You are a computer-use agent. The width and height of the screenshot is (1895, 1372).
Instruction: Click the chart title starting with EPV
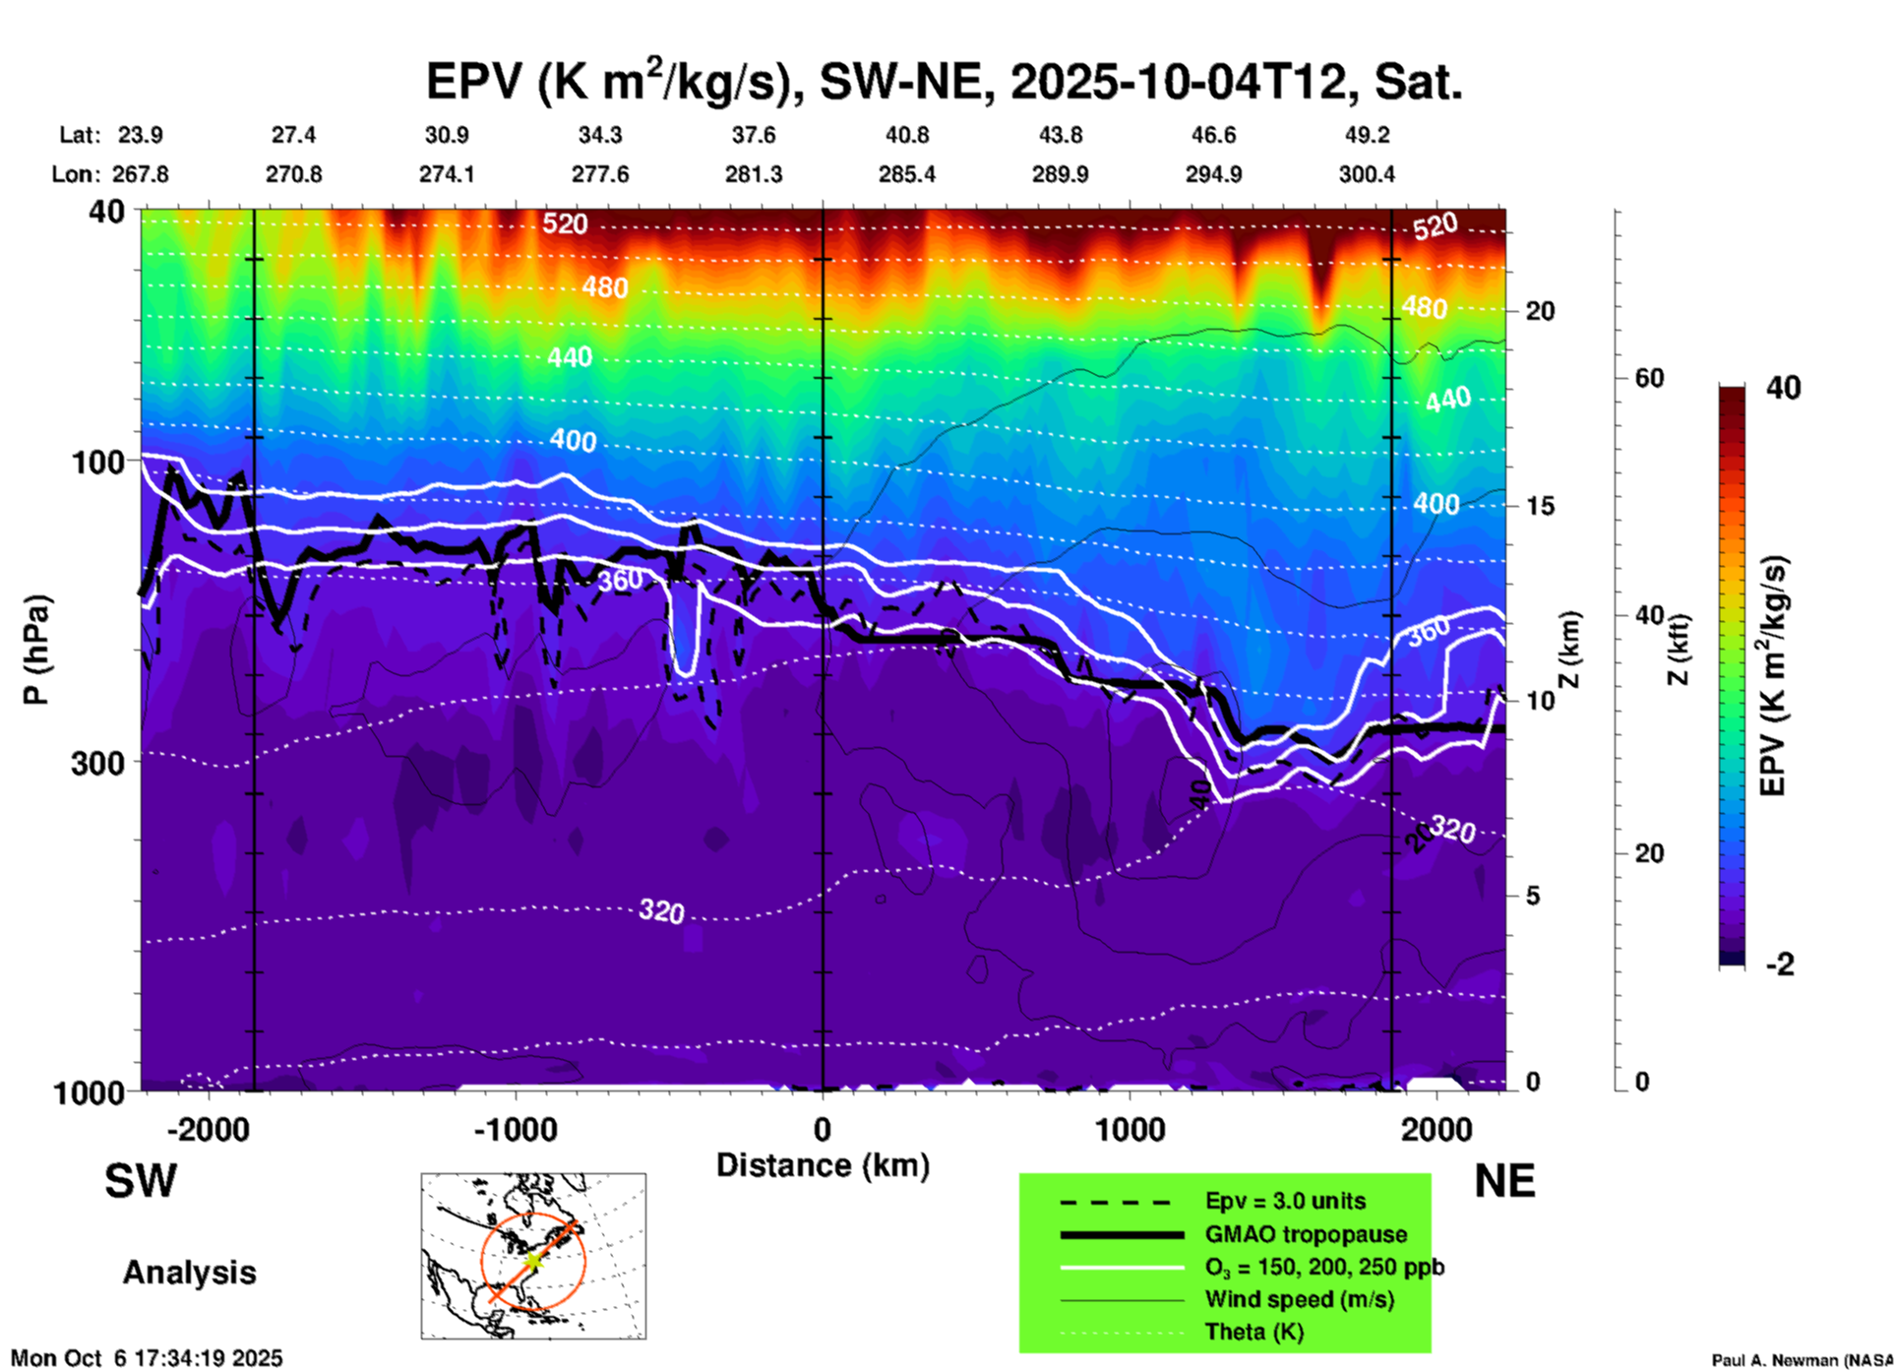tap(944, 82)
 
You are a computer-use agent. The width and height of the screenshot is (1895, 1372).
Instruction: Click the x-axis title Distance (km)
tap(823, 1165)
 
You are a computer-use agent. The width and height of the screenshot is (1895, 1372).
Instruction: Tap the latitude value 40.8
tap(906, 135)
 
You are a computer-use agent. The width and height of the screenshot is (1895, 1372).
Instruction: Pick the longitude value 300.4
tap(1366, 174)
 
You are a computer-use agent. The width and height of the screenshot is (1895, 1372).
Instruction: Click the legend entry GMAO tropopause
tap(1306, 1234)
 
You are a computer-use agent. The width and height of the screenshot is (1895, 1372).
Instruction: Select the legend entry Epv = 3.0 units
tap(1285, 1202)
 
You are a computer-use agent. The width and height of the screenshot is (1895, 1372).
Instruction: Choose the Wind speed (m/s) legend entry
tap(1299, 1299)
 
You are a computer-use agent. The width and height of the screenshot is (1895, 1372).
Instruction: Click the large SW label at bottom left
tap(141, 1181)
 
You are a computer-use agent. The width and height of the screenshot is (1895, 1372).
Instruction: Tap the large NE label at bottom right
tap(1504, 1181)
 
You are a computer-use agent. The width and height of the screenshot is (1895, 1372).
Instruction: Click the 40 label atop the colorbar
tap(1783, 388)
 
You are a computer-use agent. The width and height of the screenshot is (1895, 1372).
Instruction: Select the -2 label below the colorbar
tap(1780, 965)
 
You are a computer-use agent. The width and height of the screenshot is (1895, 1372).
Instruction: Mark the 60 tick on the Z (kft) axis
tap(1649, 378)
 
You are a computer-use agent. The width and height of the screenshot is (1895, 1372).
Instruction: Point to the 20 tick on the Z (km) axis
tap(1540, 311)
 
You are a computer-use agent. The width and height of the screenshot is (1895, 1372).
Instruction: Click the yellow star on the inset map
tap(532, 1260)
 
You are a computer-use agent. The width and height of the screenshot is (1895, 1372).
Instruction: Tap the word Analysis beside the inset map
tap(189, 1273)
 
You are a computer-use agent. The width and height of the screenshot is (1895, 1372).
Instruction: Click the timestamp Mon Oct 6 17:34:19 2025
tap(147, 1358)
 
